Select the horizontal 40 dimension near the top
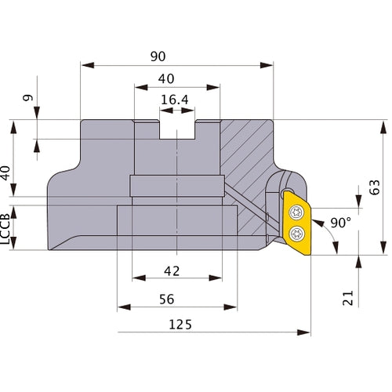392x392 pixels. pyautogui.click(x=165, y=78)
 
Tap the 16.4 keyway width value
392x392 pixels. pyautogui.click(x=176, y=100)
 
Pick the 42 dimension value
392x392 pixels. pyautogui.click(x=172, y=270)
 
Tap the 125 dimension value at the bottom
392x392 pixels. pyautogui.click(x=180, y=324)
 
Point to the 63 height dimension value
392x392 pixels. pyautogui.click(x=375, y=187)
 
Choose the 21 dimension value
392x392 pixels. pyautogui.click(x=349, y=296)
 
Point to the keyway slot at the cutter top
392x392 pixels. pyautogui.click(x=176, y=129)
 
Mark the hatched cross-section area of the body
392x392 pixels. pyautogui.click(x=247, y=157)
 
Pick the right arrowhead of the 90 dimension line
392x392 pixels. pyautogui.click(x=270, y=64)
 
